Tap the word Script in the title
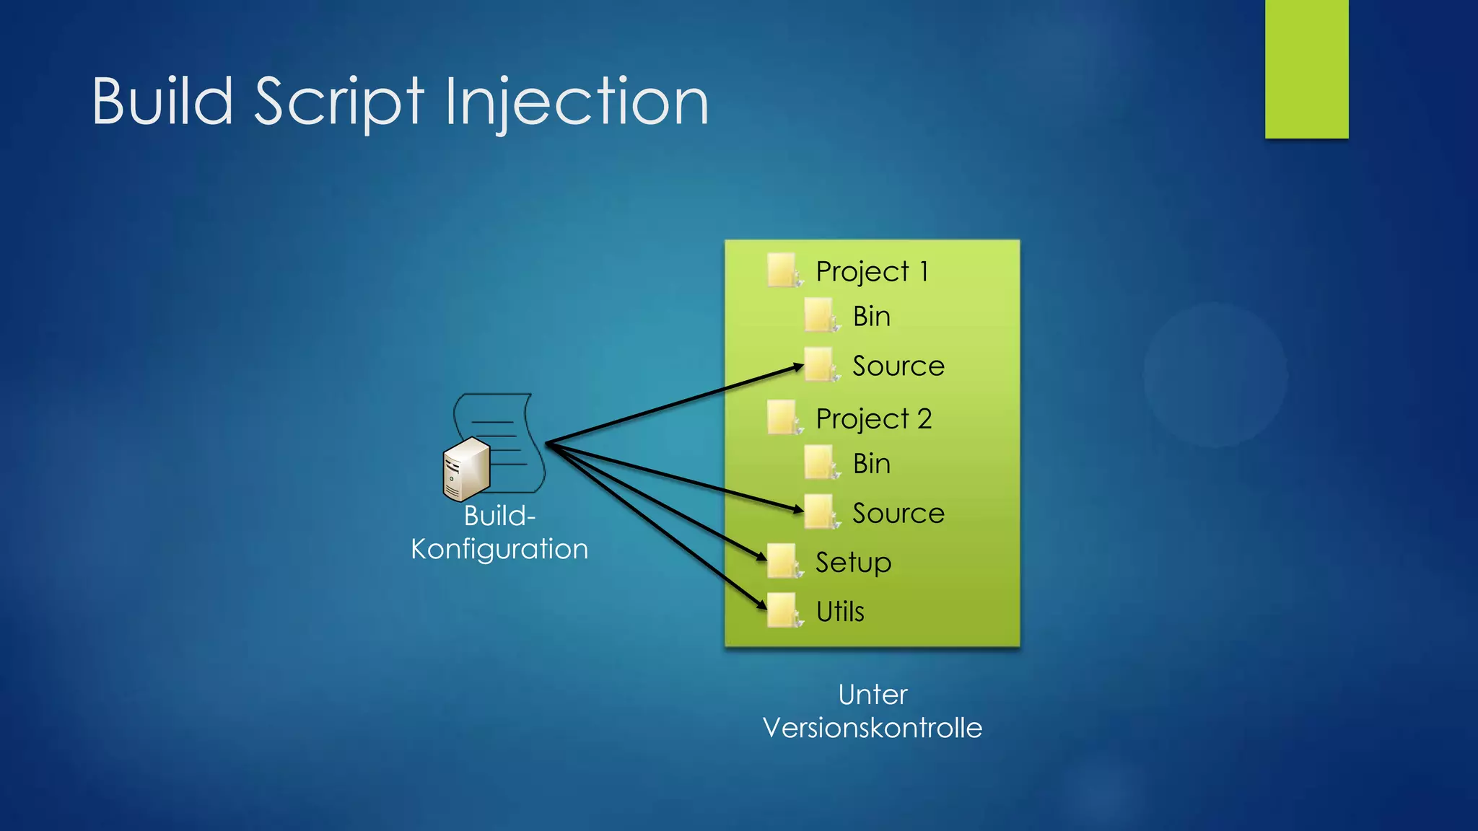(x=339, y=102)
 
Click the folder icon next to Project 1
(x=782, y=270)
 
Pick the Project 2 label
(x=873, y=419)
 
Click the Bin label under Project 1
(x=871, y=317)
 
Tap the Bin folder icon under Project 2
(x=820, y=462)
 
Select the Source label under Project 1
(x=898, y=366)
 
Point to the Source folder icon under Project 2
(x=820, y=511)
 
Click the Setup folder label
(x=853, y=562)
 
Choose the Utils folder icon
(x=782, y=610)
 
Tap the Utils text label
(x=839, y=612)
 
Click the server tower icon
(x=466, y=470)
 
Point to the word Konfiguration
(x=499, y=550)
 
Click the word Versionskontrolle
(x=872, y=728)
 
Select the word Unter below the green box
(x=872, y=695)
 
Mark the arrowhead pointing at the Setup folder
(x=761, y=556)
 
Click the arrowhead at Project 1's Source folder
(x=798, y=367)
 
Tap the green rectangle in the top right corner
(x=1306, y=69)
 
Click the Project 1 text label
(x=872, y=272)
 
